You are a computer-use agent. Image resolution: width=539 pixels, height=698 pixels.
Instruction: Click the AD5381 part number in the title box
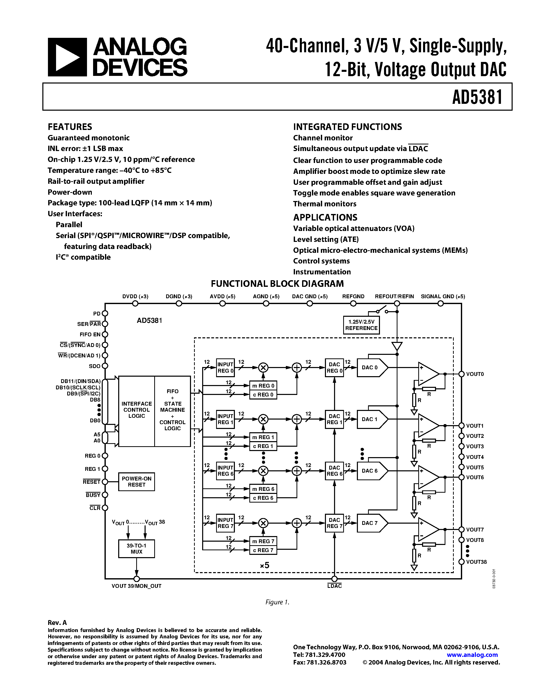477,97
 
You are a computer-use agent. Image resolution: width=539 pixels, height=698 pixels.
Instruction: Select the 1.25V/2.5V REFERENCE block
361,325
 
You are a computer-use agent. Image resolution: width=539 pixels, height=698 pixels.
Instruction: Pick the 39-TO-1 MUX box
136,549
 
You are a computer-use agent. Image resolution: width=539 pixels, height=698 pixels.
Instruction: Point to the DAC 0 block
371,368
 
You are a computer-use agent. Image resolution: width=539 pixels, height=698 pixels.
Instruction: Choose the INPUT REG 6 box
225,471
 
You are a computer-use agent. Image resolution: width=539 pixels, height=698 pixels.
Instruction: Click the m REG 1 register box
263,437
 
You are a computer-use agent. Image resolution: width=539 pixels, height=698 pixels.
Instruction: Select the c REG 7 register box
263,550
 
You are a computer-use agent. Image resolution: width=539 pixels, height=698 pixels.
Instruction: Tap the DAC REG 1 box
334,419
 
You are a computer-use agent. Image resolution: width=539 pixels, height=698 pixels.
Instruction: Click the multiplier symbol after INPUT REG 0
263,368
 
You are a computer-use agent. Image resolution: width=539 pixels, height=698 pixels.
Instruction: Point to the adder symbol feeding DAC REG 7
297,523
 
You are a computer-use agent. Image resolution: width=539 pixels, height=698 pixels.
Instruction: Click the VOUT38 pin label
476,562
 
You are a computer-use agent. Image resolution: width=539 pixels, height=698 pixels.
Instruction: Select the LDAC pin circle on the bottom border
334,579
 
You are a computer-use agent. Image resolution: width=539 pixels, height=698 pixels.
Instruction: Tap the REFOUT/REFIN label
394,296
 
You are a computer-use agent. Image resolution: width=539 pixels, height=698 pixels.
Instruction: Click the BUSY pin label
93,495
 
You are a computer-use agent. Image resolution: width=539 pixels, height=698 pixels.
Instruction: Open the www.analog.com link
472,655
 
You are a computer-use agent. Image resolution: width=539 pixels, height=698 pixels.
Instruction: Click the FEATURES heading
70,127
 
